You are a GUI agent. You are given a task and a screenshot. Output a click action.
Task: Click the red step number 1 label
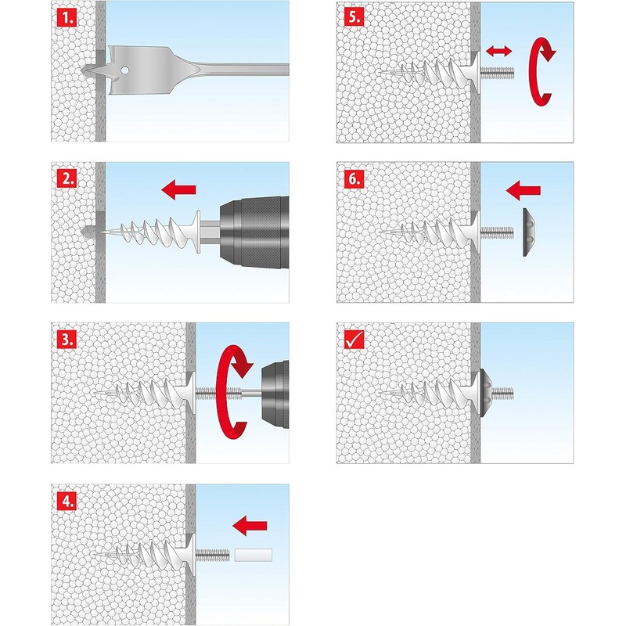(x=67, y=18)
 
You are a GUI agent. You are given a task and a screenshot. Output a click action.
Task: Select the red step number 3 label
(x=67, y=340)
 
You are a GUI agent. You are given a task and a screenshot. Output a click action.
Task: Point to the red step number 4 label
(x=67, y=501)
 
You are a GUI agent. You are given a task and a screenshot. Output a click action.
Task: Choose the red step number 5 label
(x=354, y=16)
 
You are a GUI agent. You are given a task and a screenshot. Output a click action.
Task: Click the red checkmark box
(x=354, y=340)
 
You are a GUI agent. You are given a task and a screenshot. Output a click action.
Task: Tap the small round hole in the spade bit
(x=125, y=70)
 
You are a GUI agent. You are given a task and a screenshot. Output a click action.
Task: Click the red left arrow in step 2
(x=179, y=189)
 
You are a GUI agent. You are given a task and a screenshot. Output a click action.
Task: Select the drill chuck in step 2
(x=254, y=231)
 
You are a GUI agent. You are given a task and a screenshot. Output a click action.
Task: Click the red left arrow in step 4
(x=250, y=525)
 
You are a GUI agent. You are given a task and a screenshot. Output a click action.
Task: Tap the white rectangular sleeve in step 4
(x=253, y=555)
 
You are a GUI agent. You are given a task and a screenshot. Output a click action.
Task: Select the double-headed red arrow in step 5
(x=499, y=51)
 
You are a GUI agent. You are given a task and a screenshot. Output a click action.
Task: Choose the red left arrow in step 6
(x=523, y=190)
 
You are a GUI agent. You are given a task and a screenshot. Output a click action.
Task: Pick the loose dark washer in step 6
(x=529, y=232)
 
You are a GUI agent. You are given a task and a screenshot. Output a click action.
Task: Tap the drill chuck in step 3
(x=275, y=394)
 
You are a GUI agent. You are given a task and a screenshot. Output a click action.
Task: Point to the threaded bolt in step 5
(x=498, y=73)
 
